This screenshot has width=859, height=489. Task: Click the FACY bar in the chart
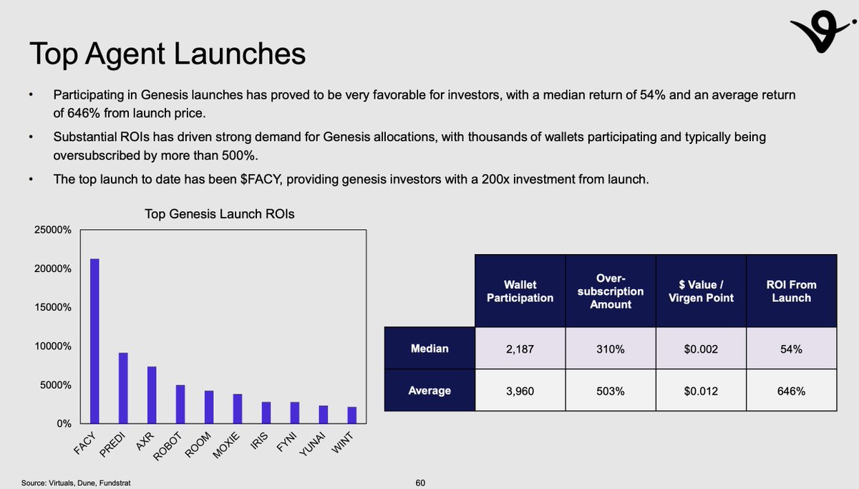click(x=94, y=341)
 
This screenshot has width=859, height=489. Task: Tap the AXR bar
click(x=152, y=394)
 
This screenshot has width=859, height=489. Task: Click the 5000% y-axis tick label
click(x=53, y=385)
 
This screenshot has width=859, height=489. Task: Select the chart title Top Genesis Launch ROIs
click(x=219, y=214)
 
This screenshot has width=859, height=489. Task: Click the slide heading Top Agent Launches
click(x=167, y=55)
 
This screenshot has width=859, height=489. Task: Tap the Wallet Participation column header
click(x=520, y=291)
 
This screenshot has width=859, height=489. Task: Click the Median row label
click(x=429, y=349)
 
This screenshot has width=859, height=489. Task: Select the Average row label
click(x=429, y=390)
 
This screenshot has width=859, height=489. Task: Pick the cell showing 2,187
click(x=520, y=349)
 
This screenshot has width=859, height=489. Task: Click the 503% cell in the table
click(x=611, y=390)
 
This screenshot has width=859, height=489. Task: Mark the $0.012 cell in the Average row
click(x=701, y=390)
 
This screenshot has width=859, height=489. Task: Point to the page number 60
click(x=421, y=483)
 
